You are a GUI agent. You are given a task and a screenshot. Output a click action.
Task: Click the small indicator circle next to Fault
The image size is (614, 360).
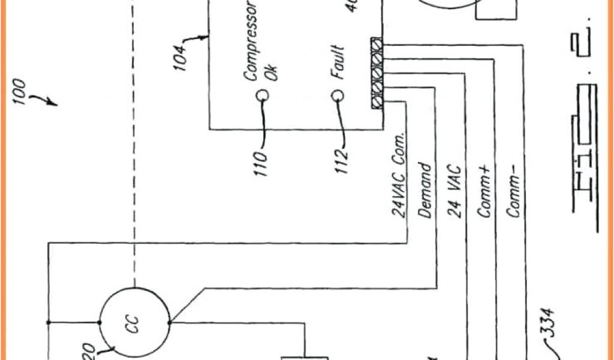click(x=338, y=95)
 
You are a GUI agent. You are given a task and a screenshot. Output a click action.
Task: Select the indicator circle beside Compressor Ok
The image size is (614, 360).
click(x=262, y=95)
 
